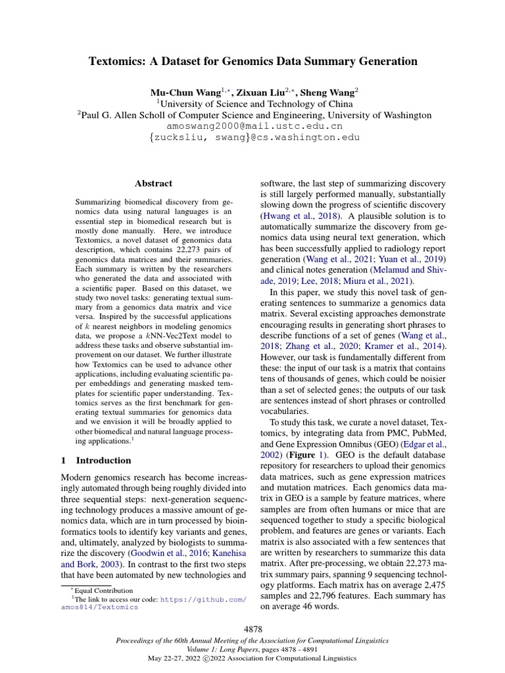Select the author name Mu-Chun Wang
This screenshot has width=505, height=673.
186,93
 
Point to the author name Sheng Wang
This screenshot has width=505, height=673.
329,93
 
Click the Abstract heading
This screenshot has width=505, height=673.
153,183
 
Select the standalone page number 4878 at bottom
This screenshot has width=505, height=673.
252,629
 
